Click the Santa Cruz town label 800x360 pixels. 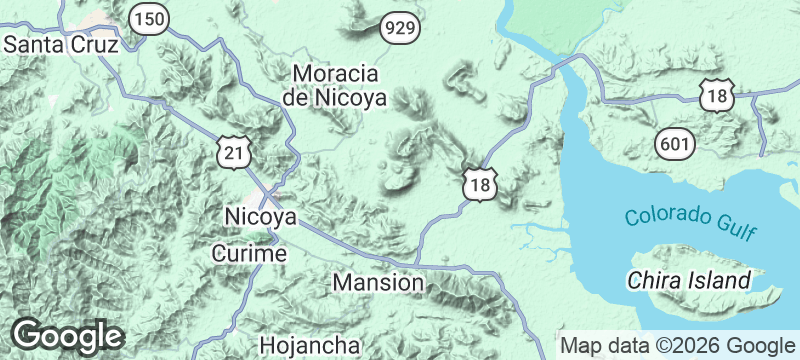61,45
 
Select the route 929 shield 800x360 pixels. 398,29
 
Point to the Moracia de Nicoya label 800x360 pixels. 334,85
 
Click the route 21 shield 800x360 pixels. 232,152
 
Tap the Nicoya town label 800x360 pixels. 261,217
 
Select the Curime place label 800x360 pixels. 250,254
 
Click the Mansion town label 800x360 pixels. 378,282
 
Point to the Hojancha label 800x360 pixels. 309,345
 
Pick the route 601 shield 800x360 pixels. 675,143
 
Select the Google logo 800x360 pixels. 68,336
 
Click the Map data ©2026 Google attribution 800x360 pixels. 675,345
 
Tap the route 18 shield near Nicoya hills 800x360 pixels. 479,184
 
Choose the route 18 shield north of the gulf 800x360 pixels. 717,96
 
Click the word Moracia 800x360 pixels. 334,74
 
